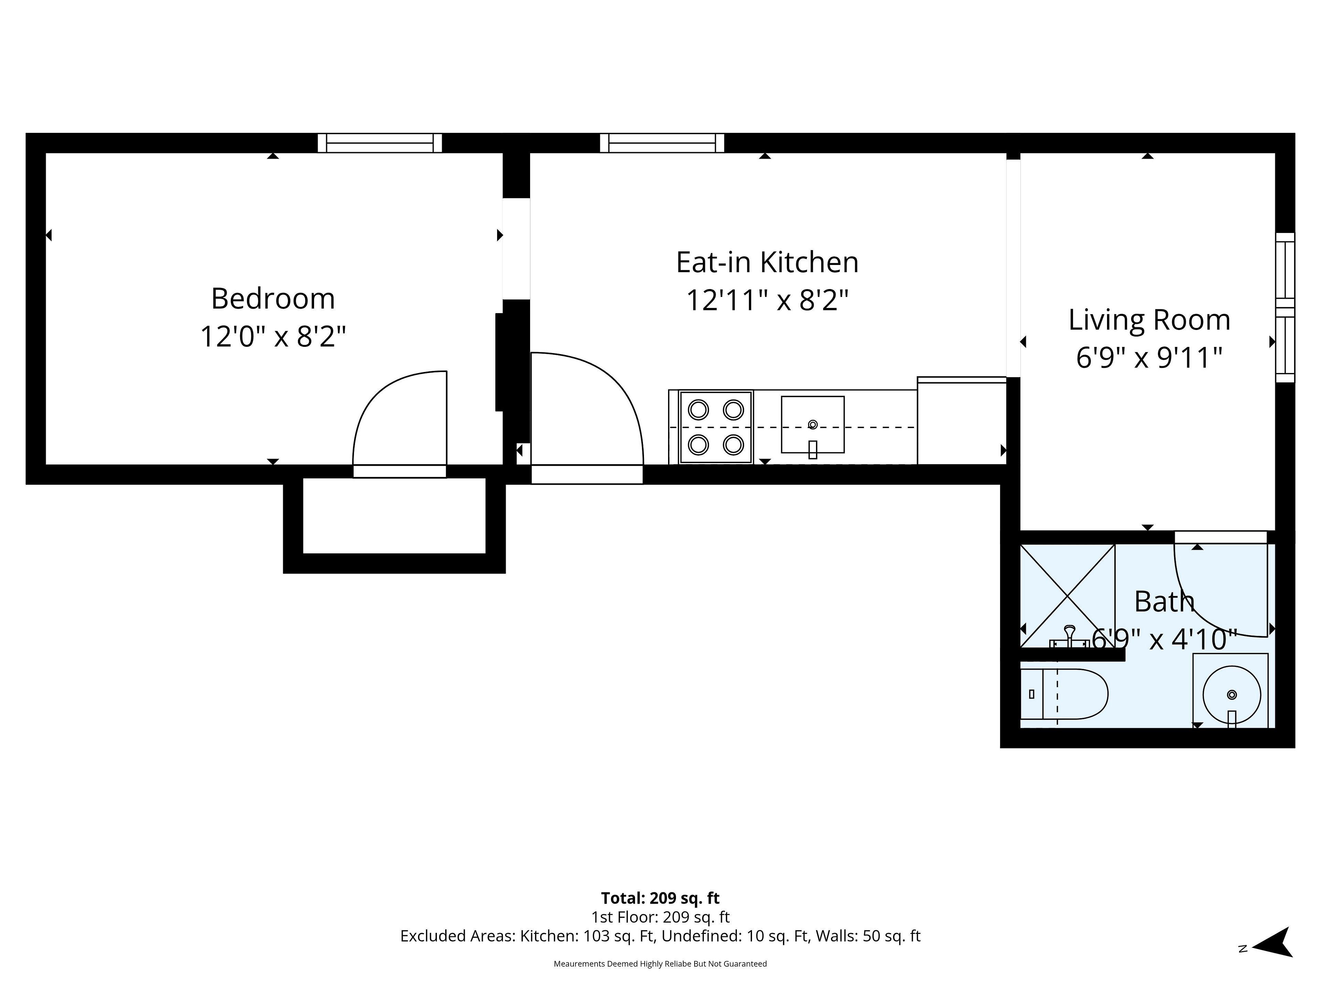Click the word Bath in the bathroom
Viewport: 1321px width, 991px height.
[1164, 601]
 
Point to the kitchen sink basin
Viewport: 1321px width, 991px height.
[813, 425]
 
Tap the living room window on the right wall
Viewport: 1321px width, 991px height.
[1285, 308]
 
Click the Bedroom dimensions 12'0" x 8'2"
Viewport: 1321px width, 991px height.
[273, 336]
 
